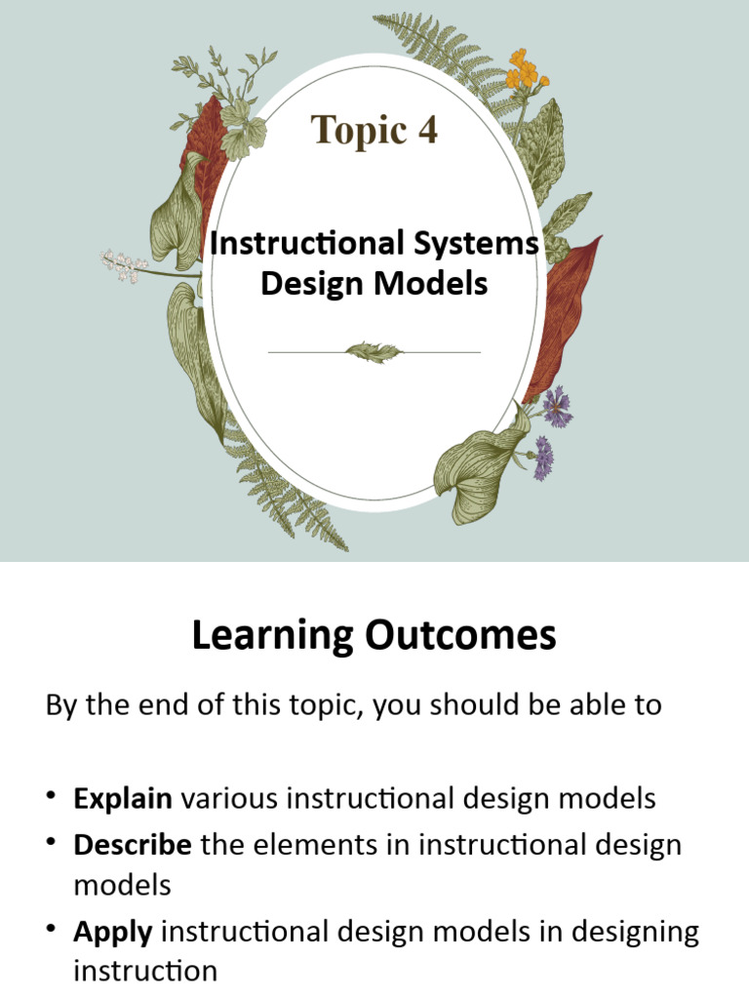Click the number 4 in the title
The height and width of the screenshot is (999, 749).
pyautogui.click(x=425, y=130)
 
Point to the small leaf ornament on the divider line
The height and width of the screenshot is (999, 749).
pyautogui.click(x=373, y=351)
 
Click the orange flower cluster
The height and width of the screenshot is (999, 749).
pyautogui.click(x=525, y=69)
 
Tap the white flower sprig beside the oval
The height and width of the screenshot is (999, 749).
pyautogui.click(x=124, y=262)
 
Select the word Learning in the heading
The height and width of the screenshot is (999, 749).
pyautogui.click(x=273, y=636)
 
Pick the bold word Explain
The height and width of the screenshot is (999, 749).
pyautogui.click(x=123, y=799)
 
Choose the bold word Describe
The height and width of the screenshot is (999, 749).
pyautogui.click(x=133, y=845)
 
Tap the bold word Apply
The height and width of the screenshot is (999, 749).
pyautogui.click(x=113, y=932)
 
